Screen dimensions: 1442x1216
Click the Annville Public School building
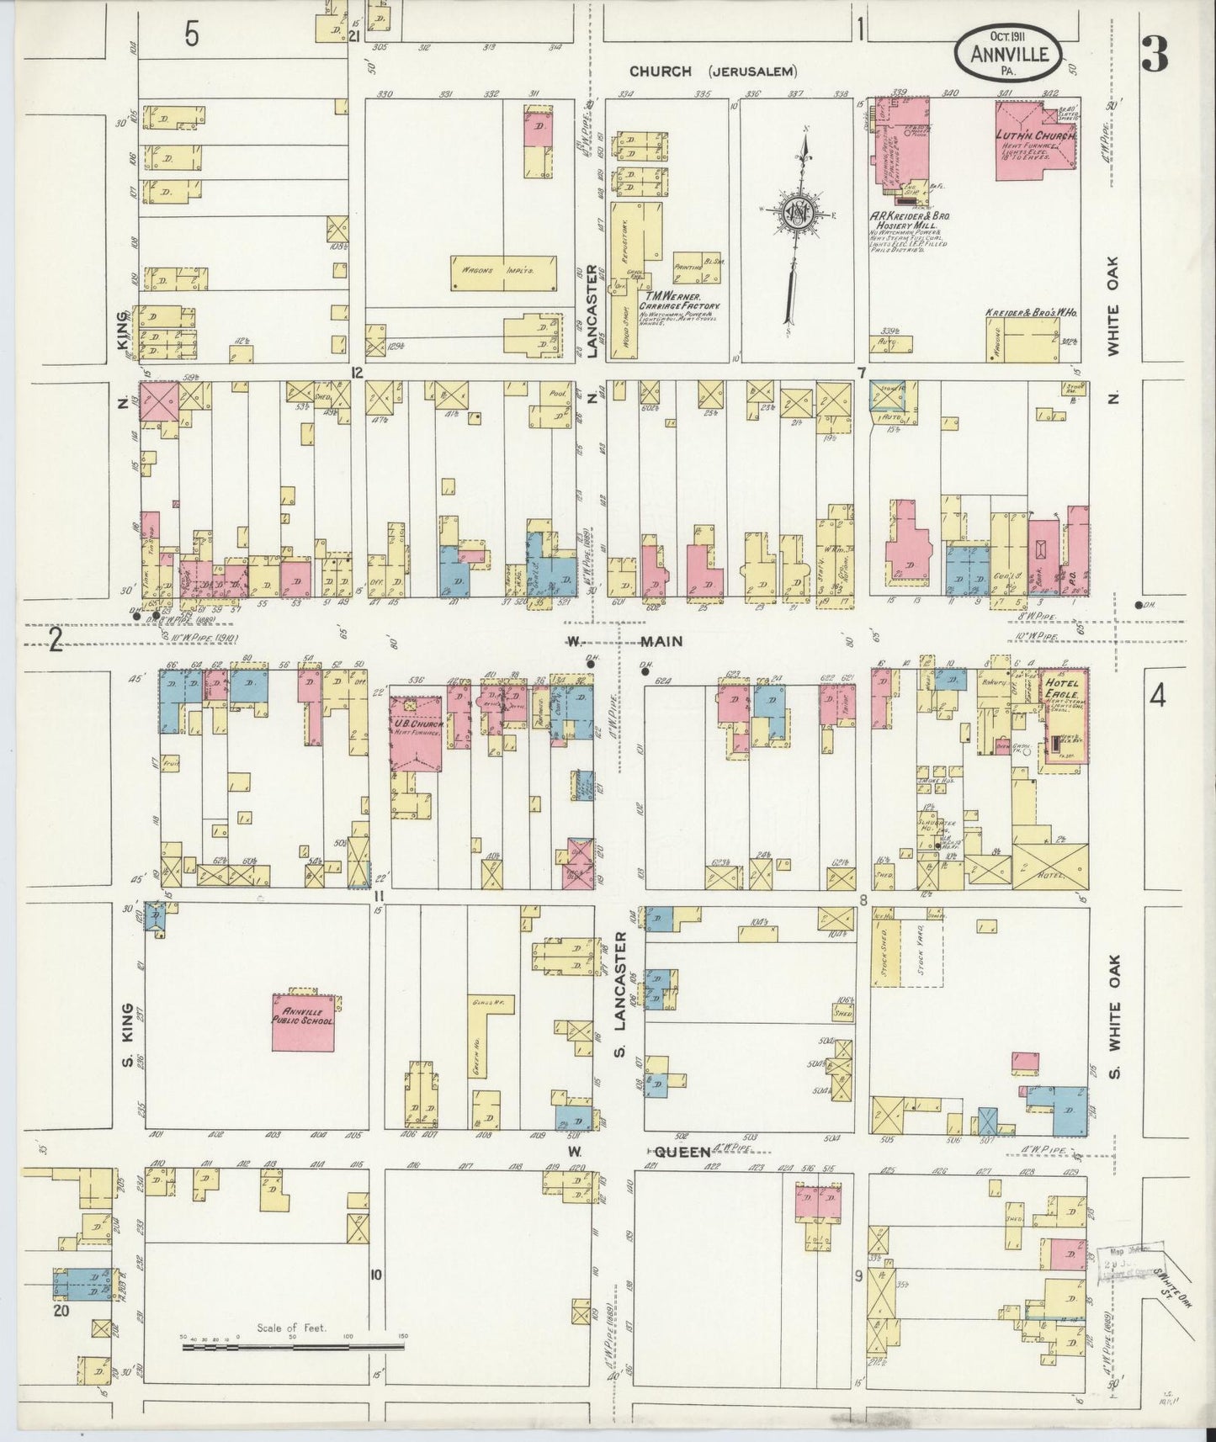pyautogui.click(x=303, y=1021)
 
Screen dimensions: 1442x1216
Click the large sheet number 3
pyautogui.click(x=1155, y=55)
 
